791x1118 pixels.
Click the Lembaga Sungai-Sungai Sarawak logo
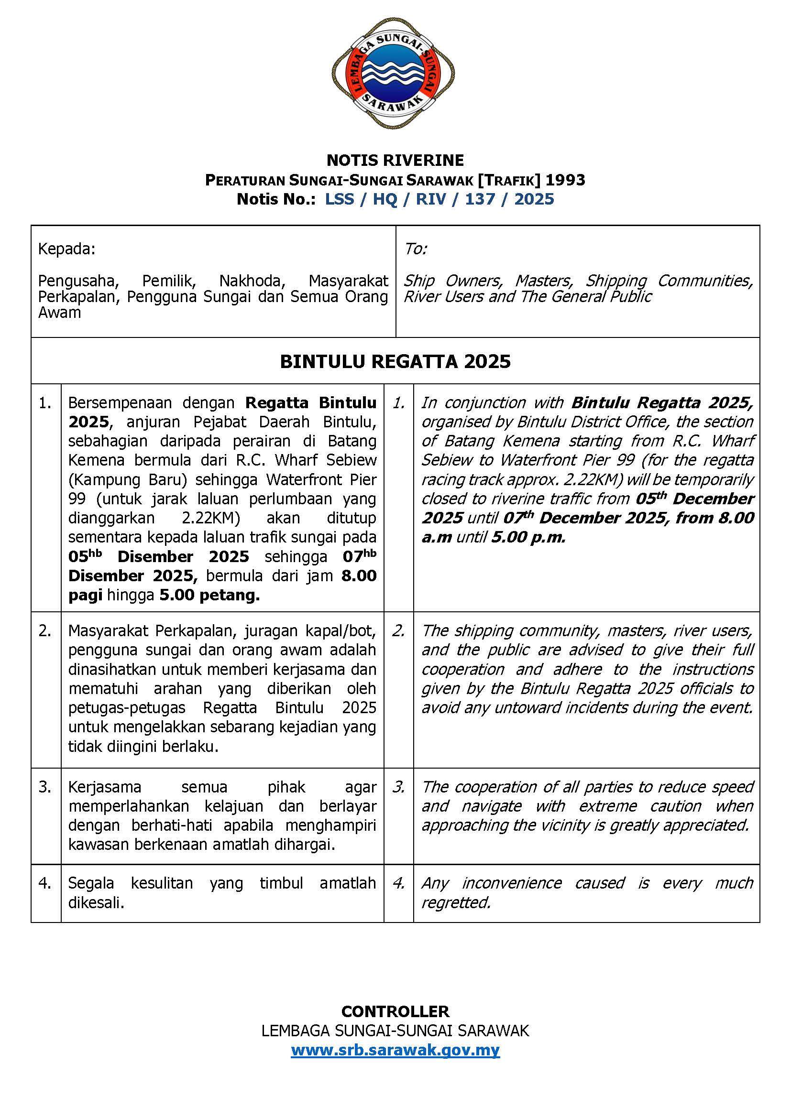point(395,74)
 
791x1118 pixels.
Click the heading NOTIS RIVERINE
point(395,160)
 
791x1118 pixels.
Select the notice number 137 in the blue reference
point(480,199)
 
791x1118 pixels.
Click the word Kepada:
point(67,250)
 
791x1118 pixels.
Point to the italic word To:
point(416,250)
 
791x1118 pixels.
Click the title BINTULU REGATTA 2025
point(395,361)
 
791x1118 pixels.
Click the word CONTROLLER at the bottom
point(395,1011)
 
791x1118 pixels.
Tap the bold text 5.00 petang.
point(209,595)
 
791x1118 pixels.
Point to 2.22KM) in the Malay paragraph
point(207,518)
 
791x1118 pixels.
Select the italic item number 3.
point(398,787)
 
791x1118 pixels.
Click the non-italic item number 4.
point(45,883)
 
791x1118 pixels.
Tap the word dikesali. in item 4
point(97,903)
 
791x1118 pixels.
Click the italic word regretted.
point(456,903)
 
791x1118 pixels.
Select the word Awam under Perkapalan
point(59,313)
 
